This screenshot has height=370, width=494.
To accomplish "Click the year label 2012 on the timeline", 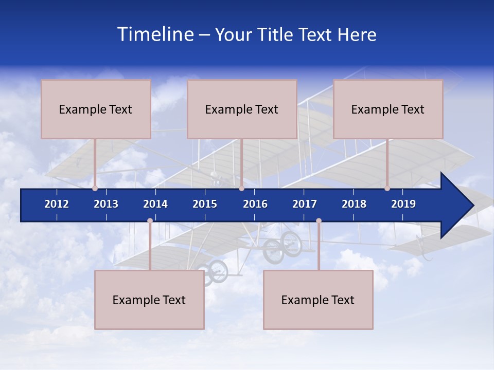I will pos(57,204).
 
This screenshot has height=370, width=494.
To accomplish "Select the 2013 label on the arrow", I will pos(106,204).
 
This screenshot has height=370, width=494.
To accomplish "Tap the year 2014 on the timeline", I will pos(155,204).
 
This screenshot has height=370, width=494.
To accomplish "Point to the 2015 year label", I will pos(205,204).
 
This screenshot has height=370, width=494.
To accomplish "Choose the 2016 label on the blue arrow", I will pos(255,204).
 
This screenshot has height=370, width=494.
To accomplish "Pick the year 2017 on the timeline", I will pos(305,204).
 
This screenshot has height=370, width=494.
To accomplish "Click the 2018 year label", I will pos(354,204).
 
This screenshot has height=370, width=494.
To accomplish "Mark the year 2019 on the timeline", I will pos(403,204).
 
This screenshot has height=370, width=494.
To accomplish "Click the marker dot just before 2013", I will pos(95,189).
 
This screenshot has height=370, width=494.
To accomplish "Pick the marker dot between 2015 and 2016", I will pos(241,189).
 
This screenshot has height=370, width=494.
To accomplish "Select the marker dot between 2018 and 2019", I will pos(387,189).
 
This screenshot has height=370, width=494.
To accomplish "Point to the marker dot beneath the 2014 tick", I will pos(150,220).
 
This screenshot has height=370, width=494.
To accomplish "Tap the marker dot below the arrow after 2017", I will pos(319,220).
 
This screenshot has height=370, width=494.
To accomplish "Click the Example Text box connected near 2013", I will pos(96,109).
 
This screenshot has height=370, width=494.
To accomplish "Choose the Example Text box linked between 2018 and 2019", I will pos(388,109).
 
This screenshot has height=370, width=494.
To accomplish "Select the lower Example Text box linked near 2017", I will pos(318,300).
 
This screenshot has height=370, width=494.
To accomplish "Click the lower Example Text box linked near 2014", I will pos(149,300).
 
